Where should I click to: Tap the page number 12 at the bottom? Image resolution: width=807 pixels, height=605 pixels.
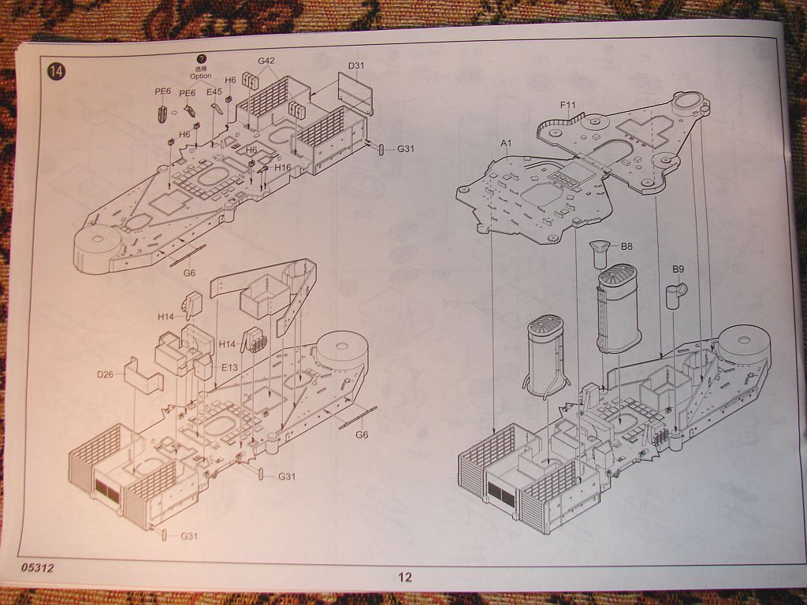point(404,577)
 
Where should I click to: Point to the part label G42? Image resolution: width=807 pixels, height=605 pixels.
point(266,61)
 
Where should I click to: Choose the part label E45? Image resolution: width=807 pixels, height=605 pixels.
point(214,91)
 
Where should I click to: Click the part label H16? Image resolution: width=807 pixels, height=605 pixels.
point(283,168)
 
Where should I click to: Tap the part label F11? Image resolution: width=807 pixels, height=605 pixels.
point(568,105)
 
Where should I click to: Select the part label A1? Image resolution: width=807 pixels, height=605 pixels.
point(506,143)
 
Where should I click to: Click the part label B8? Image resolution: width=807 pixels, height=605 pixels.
point(627,247)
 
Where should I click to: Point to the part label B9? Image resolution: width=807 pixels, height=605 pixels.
point(678,269)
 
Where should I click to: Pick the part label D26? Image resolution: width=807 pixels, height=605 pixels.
point(106,374)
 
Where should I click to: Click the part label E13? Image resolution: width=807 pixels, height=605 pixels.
point(229,367)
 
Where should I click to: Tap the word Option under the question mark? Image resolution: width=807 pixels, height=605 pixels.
point(200,76)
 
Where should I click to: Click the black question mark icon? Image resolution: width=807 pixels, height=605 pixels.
point(201,58)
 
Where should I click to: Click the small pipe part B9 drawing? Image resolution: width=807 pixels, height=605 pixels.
point(675,295)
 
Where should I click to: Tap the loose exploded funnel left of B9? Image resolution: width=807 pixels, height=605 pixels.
point(618,310)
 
